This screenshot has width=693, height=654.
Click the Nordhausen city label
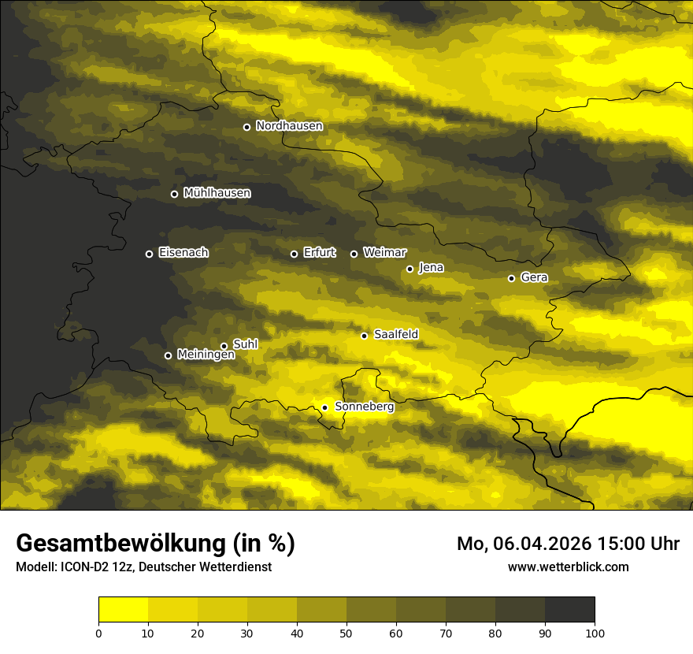click(289, 126)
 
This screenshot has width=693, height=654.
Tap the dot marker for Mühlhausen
click(174, 194)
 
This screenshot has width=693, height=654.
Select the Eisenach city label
click(183, 253)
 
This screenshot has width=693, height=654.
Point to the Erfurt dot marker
click(294, 254)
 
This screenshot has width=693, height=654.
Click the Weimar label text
click(384, 253)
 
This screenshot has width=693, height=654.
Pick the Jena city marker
click(409, 269)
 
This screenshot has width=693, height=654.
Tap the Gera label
click(534, 277)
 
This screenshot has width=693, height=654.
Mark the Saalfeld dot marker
click(364, 336)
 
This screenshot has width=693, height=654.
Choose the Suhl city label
click(246, 344)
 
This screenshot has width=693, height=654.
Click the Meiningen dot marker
click(168, 355)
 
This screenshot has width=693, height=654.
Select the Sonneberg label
click(365, 407)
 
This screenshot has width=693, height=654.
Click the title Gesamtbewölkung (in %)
click(155, 544)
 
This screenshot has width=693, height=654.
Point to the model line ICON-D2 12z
click(143, 567)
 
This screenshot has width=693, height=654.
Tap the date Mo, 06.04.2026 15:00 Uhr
click(568, 544)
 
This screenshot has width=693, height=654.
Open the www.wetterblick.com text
click(568, 567)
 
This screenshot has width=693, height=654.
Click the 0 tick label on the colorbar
click(98, 633)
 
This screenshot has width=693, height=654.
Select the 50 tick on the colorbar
click(346, 633)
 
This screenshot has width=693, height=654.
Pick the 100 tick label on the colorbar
click(595, 633)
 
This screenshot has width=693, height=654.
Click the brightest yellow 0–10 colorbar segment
click(123, 610)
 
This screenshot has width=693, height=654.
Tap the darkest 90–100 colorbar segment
click(569, 610)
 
